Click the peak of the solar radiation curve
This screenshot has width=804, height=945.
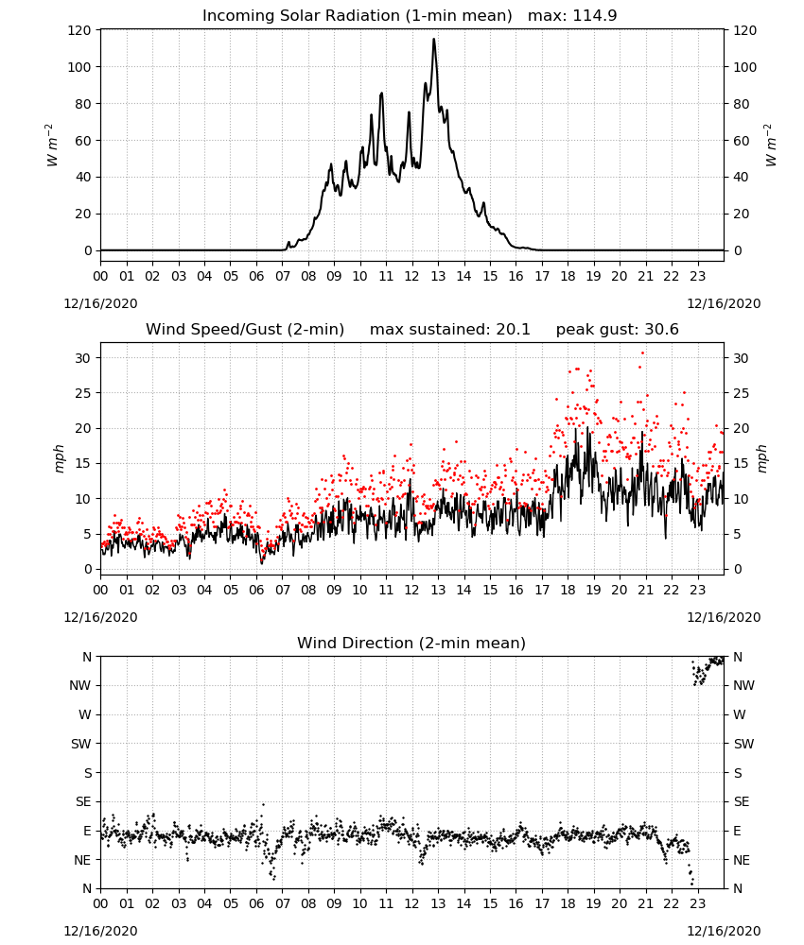[x=433, y=39]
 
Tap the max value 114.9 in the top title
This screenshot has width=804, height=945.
[x=594, y=15]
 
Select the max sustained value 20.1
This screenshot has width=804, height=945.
[x=513, y=329]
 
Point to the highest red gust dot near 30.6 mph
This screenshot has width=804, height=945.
[x=643, y=352]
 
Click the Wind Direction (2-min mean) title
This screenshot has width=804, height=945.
[x=411, y=643]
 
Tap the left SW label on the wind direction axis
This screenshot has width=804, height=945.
[x=81, y=744]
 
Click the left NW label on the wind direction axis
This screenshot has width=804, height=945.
[x=80, y=685]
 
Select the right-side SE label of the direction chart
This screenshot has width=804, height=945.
[x=742, y=801]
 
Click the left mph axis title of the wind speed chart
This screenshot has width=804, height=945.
[x=59, y=458]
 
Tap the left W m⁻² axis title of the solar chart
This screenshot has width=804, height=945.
[x=52, y=146]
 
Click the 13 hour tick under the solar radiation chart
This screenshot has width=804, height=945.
[x=438, y=277]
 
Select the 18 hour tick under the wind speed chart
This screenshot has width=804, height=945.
[x=568, y=590]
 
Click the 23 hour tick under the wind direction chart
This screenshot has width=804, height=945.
[x=697, y=903]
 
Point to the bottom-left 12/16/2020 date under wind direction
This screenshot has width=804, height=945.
[x=100, y=931]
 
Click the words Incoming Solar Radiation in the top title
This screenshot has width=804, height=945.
[x=301, y=15]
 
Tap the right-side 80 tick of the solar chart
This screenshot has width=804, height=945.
[x=742, y=104]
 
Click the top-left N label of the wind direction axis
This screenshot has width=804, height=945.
[x=87, y=657]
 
